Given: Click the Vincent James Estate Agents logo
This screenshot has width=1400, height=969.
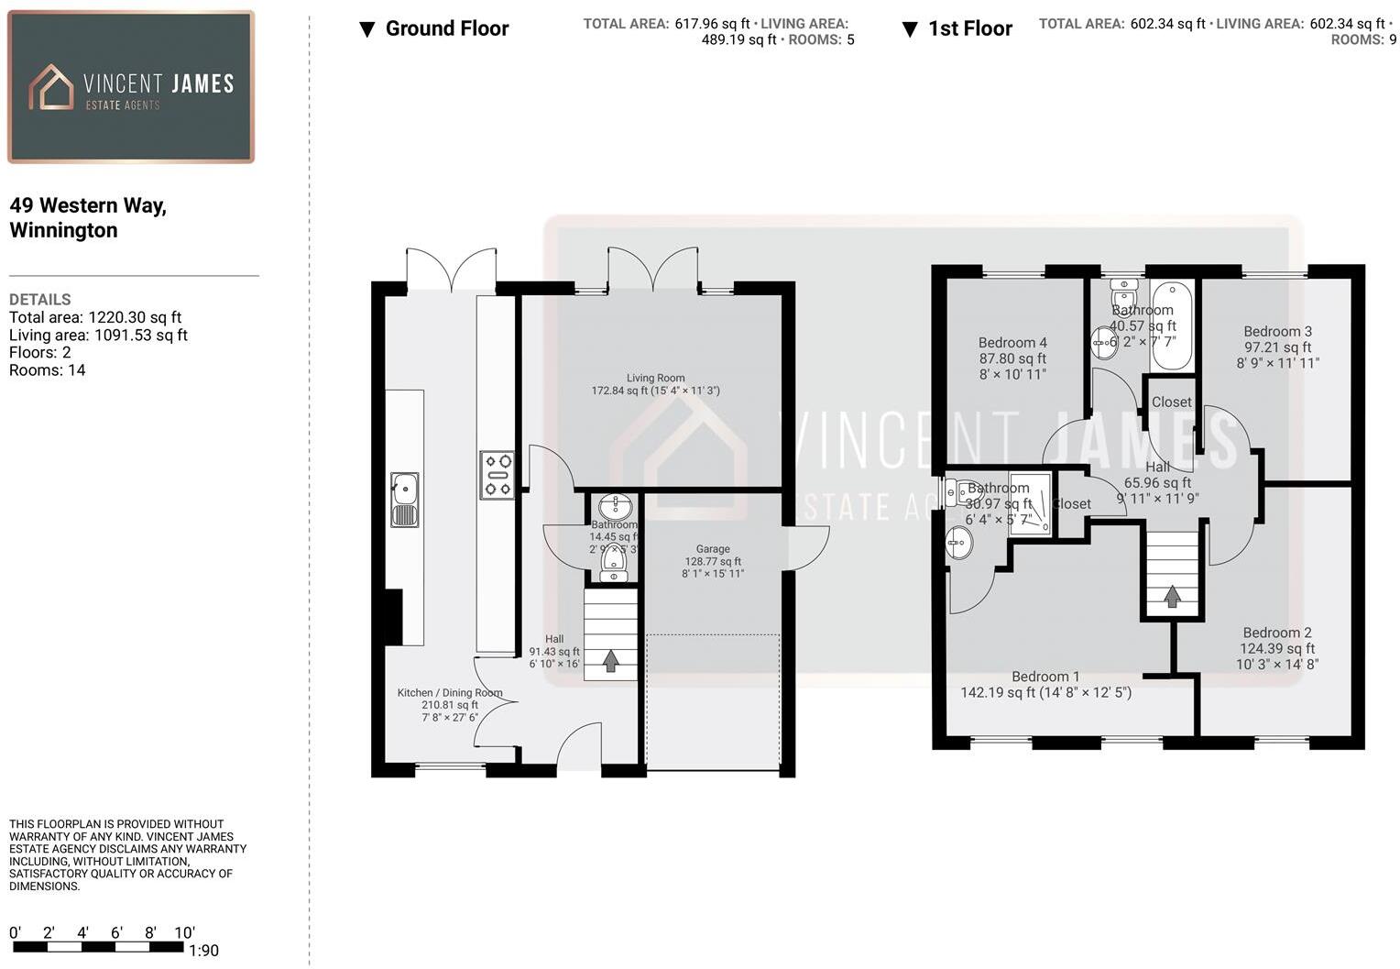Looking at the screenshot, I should click(x=130, y=87).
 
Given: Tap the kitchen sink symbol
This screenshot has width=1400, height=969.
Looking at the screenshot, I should click(x=404, y=500).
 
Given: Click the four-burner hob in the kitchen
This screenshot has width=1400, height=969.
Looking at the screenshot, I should click(x=498, y=475).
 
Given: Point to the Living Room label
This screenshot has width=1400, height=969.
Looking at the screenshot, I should click(x=655, y=378).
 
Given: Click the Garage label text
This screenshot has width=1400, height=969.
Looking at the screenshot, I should click(x=712, y=549).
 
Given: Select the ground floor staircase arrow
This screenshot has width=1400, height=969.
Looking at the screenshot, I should click(x=610, y=661).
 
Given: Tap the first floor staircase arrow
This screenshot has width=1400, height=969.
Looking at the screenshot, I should click(x=1172, y=598).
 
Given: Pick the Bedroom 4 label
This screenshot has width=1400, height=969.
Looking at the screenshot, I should click(x=1012, y=343).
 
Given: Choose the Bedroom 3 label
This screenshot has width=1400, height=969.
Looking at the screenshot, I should click(x=1277, y=332).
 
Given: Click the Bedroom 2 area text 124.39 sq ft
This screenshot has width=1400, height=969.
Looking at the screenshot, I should click(x=1277, y=648).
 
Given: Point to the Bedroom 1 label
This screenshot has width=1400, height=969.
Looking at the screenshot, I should click(x=1045, y=677).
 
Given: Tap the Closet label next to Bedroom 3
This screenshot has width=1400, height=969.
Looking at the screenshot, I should click(x=1172, y=402).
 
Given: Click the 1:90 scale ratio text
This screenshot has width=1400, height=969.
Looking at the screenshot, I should click(x=203, y=951).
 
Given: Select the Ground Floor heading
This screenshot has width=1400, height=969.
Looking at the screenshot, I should click(x=446, y=28).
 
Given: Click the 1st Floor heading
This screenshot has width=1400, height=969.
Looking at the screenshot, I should click(x=969, y=28).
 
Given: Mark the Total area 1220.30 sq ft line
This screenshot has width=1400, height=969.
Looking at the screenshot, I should click(x=95, y=317).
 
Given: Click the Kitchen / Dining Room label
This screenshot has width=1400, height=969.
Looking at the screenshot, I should click(x=449, y=693).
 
